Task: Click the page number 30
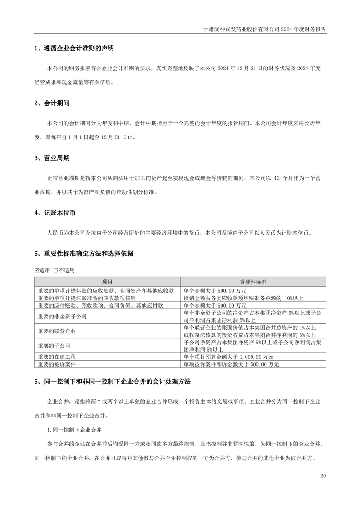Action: (323, 476)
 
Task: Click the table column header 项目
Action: (108, 282)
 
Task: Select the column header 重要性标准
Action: (253, 282)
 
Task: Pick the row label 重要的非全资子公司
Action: (63, 317)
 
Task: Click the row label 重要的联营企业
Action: (57, 331)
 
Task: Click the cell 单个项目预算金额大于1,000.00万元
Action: (228, 357)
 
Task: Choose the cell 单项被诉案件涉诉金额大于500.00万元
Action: (231, 364)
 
